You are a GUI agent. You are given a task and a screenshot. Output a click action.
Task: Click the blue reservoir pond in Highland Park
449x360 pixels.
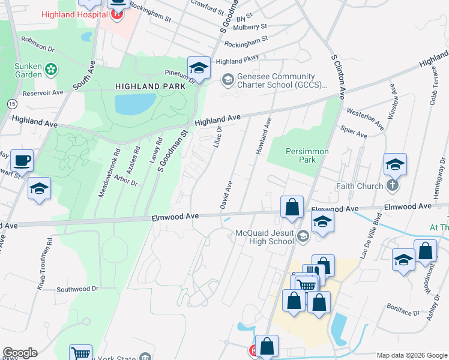(135, 104)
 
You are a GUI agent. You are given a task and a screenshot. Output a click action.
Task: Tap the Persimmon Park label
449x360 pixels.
(307, 156)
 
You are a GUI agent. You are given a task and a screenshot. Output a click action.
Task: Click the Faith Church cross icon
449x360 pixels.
(393, 185)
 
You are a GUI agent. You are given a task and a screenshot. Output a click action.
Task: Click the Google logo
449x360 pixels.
(20, 353)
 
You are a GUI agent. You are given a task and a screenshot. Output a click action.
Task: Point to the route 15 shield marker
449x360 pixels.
(11, 104)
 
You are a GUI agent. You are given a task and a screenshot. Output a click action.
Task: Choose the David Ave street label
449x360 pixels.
(228, 194)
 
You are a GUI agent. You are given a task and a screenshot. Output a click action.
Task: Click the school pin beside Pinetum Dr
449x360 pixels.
(198, 67)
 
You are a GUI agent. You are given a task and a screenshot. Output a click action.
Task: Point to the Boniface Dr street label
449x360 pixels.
(408, 313)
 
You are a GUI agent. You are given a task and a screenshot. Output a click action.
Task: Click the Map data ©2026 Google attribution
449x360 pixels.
(411, 355)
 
